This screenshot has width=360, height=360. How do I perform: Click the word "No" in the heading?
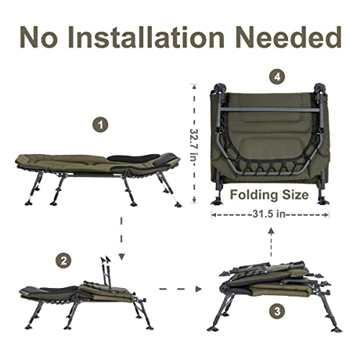[45, 36]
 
